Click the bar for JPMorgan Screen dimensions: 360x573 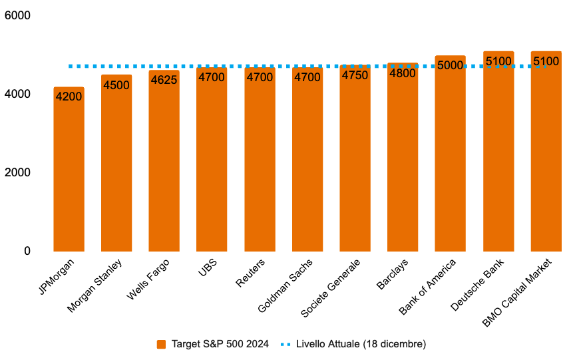[x=69, y=173]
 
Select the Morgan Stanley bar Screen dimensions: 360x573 [x=116, y=166]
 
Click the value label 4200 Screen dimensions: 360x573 [x=69, y=96]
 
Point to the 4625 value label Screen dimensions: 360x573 [x=164, y=80]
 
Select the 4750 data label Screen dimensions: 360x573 [x=355, y=75]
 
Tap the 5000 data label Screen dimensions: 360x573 [x=450, y=65]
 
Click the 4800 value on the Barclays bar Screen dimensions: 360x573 [x=403, y=73]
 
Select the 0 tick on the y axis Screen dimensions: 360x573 [x=27, y=251]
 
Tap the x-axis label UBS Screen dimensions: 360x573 [x=206, y=267]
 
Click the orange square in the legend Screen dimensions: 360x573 [x=161, y=344]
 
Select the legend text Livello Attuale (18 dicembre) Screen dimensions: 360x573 [x=360, y=344]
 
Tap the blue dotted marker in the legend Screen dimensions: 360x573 [x=286, y=344]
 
